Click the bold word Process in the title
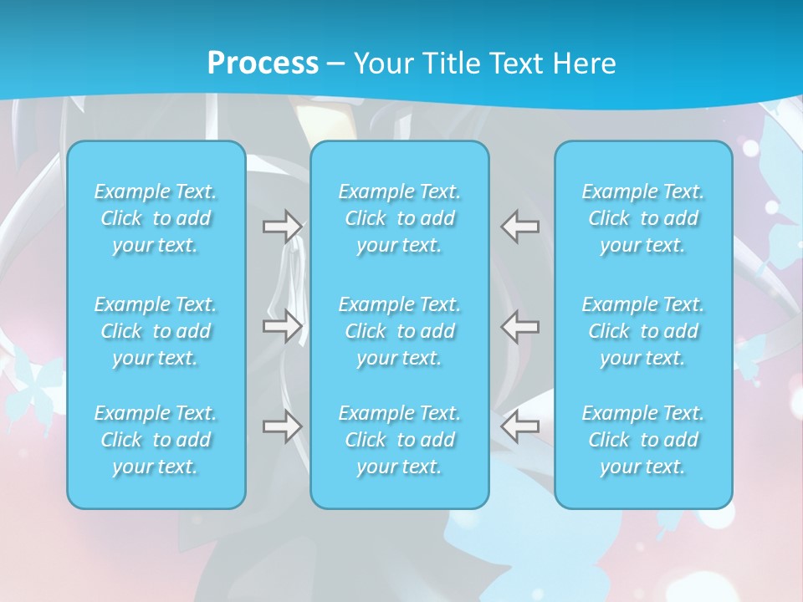pos(263,64)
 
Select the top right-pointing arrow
pos(282,227)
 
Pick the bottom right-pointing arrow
pos(282,426)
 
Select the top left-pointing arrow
pos(519,227)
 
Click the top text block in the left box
pos(156,218)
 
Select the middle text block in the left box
pos(156,331)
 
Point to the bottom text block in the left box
pos(156,440)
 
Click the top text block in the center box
pos(400,218)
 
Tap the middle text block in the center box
pos(400,331)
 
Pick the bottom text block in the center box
pos(400,440)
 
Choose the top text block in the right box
pos(643,218)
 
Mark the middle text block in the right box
pos(643,331)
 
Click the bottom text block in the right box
pos(643,440)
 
